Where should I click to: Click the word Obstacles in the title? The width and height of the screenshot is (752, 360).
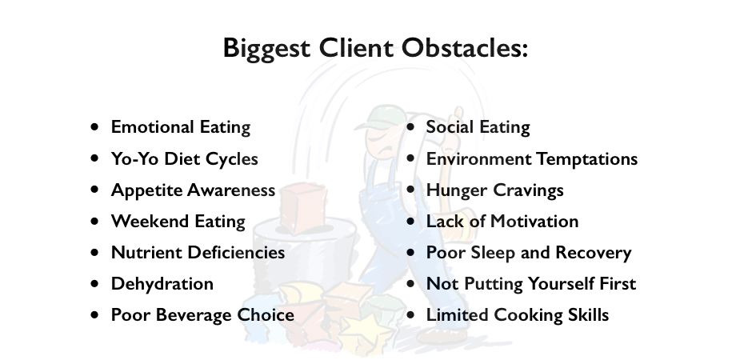tap(465, 48)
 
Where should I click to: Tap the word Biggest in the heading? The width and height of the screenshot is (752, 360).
tap(266, 49)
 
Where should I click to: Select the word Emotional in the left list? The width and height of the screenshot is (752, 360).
tap(152, 127)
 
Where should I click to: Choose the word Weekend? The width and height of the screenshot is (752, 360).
tap(150, 222)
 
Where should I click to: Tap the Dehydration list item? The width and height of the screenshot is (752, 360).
tap(162, 284)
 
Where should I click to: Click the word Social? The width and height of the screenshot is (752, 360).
tap(450, 127)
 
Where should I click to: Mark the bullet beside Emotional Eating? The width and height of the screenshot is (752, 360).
tap(95, 127)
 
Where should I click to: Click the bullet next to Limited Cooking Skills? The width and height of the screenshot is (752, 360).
tap(410, 315)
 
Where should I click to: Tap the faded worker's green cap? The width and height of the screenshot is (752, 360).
tap(382, 118)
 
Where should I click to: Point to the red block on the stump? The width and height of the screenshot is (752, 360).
tap(303, 208)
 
